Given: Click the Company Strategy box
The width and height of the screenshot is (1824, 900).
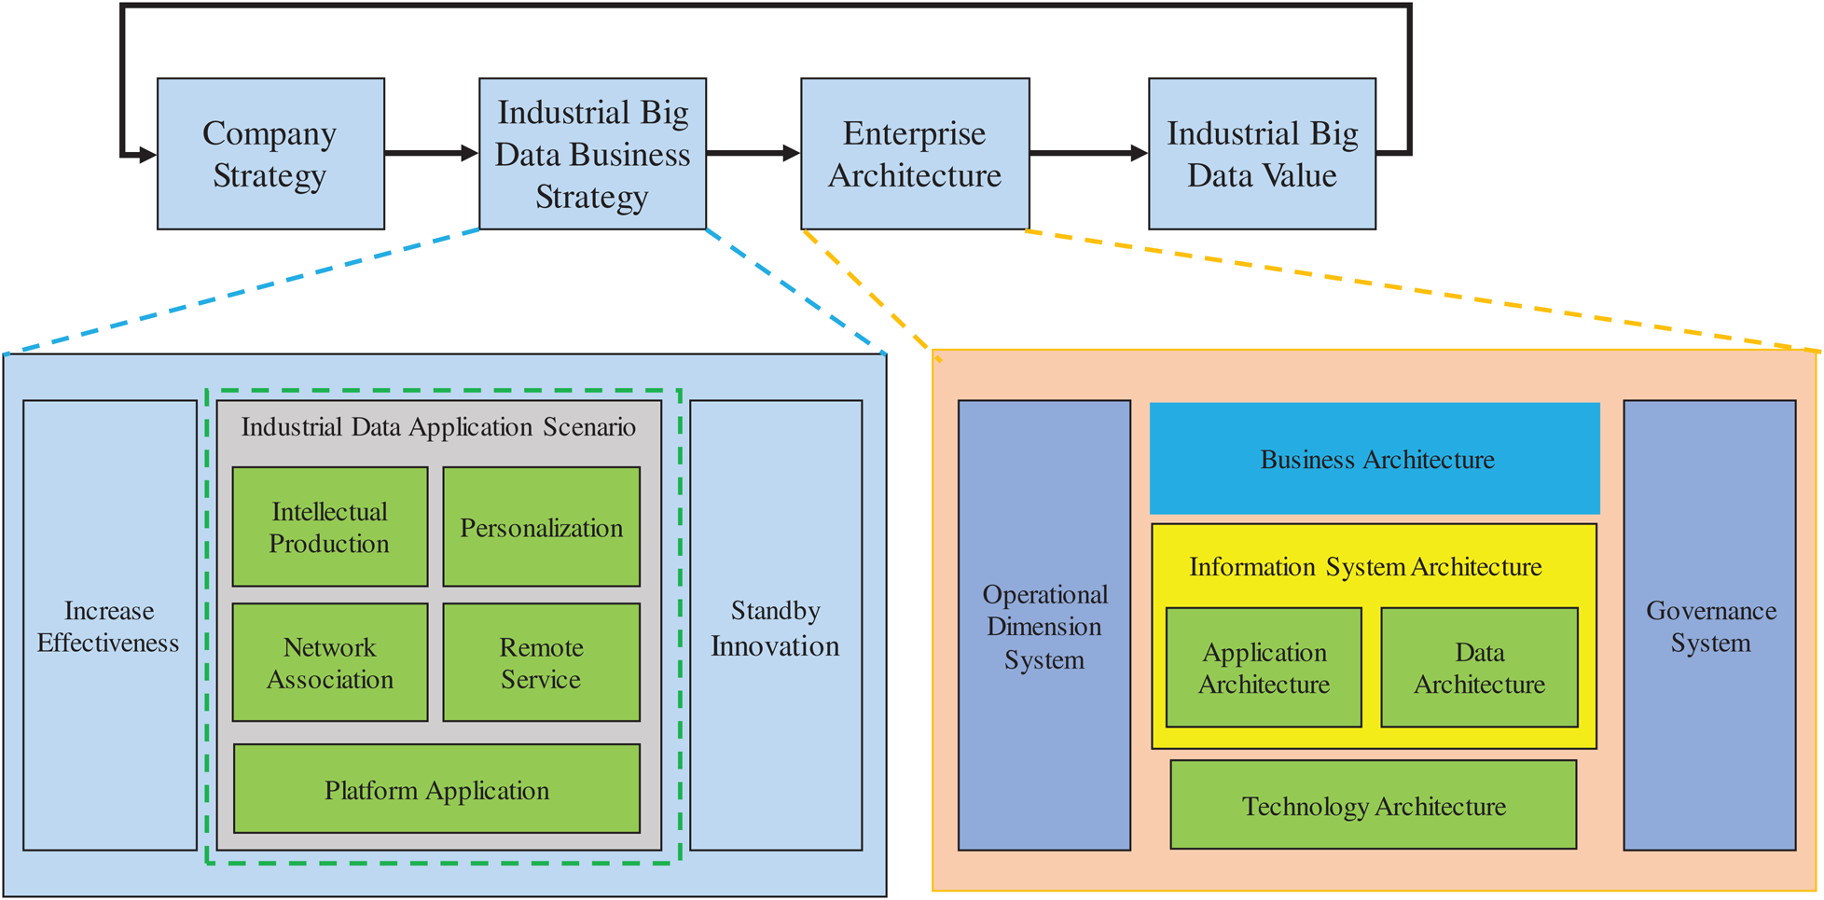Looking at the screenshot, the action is (270, 154).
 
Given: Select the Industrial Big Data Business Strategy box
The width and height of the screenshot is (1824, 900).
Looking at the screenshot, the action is (592, 154).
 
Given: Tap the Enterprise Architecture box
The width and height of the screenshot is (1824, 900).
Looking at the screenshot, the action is (915, 154).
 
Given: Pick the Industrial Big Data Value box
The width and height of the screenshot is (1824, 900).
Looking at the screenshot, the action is (1262, 154).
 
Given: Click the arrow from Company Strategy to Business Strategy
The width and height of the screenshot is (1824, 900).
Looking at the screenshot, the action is (432, 153).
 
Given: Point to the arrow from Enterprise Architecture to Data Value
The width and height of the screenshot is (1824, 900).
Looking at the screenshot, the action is (1089, 153).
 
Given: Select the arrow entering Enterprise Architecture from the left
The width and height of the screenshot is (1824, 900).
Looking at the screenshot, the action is (753, 153).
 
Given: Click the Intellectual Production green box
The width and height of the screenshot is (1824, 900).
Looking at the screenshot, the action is (330, 527).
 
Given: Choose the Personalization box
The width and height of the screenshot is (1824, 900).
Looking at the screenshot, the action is (542, 527).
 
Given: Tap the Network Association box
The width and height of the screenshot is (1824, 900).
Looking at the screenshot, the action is (330, 662).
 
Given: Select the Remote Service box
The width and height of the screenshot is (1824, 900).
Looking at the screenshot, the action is (542, 662).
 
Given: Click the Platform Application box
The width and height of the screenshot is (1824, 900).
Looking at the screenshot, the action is (436, 789).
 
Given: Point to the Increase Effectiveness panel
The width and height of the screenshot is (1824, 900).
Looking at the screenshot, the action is (110, 625).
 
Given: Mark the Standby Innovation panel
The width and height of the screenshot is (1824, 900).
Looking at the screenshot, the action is (776, 625).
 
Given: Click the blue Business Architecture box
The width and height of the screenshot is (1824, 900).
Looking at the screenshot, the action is (1375, 459).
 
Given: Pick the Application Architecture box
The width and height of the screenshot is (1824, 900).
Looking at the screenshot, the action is (1264, 668).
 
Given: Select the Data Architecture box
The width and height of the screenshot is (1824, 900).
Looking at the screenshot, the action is (1480, 668).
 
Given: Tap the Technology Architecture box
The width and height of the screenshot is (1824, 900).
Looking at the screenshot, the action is (1374, 805).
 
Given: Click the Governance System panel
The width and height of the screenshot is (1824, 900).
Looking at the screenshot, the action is (1710, 625).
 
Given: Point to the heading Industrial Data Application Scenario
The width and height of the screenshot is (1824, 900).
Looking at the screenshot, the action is (438, 427).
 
